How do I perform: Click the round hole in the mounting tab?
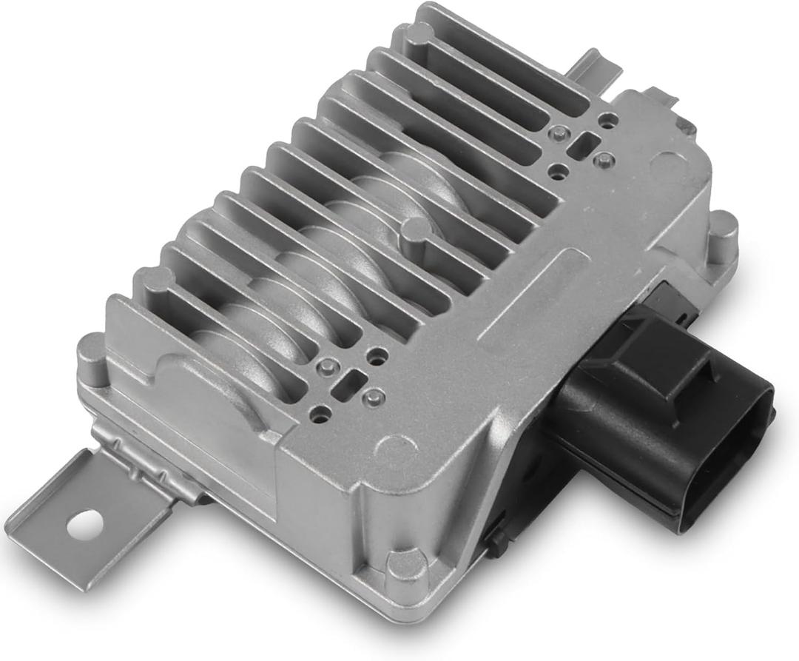pyautogui.click(x=84, y=523)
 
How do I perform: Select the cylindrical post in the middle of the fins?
pyautogui.click(x=416, y=232)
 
